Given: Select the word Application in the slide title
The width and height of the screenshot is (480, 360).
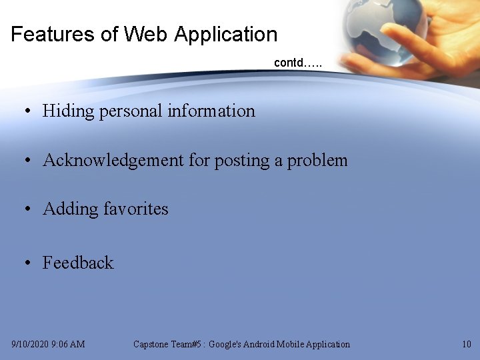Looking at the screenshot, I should click(x=225, y=34).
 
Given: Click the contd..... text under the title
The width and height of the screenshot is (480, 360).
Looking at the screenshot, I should click(x=297, y=63).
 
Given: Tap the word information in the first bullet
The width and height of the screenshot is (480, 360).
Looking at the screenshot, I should click(x=211, y=111).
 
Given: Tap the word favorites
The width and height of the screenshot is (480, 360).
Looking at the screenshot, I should click(x=137, y=209).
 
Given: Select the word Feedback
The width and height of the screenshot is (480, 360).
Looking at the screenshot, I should click(x=78, y=263).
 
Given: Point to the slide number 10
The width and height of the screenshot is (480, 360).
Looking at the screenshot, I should click(x=466, y=344).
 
